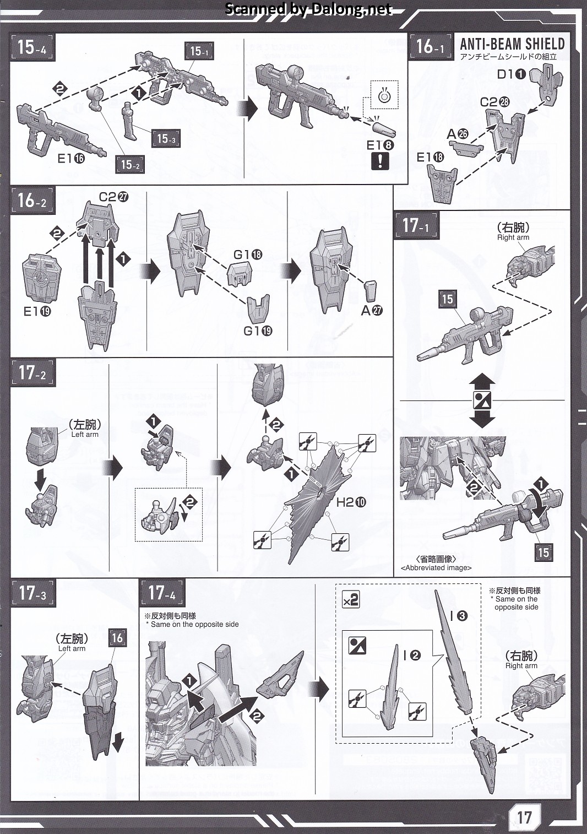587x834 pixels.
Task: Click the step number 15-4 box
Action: [x=32, y=48]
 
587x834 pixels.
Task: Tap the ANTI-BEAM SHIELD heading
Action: [x=512, y=44]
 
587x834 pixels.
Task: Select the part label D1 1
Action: [x=512, y=74]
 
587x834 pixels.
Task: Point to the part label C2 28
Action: [x=494, y=102]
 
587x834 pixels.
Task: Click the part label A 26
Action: [x=457, y=134]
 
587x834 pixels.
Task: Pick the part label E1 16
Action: [x=71, y=159]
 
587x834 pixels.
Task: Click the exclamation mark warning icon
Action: [x=380, y=161]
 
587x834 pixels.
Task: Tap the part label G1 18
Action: [x=248, y=254]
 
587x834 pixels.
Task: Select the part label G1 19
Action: [x=258, y=331]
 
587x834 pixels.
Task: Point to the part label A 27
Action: [x=372, y=310]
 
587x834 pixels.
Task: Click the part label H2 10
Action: [x=351, y=502]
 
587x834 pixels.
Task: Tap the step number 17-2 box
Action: [x=32, y=373]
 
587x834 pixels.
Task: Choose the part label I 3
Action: [x=459, y=616]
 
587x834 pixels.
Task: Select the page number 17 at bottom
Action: [x=524, y=817]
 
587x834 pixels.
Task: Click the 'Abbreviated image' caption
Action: [x=436, y=567]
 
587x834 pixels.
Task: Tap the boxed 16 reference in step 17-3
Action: [x=117, y=638]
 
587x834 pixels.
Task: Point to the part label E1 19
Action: [x=37, y=311]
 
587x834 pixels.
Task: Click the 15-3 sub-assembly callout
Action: [x=166, y=138]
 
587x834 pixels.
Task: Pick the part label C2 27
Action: [x=113, y=197]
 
